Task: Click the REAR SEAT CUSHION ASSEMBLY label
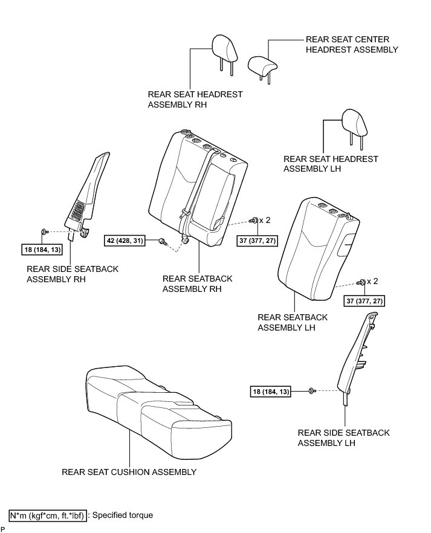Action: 129,472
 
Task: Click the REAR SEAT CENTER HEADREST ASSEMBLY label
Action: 352,44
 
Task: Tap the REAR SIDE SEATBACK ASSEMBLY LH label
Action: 343,438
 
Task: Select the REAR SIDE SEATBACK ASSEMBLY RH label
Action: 73,274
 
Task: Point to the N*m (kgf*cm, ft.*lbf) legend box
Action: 47,515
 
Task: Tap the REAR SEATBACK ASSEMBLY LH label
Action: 293,322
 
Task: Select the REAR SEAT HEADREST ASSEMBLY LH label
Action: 331,164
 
